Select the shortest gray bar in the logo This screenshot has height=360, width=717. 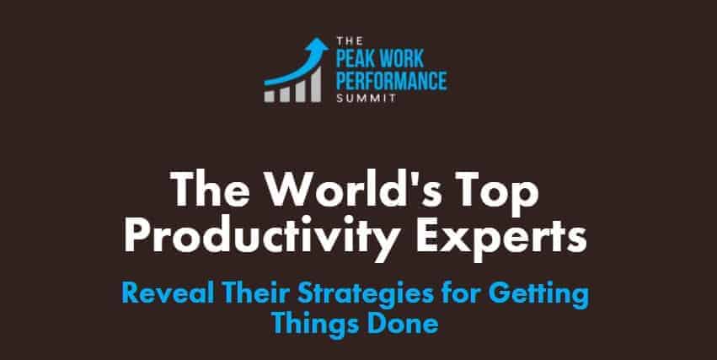(270, 97)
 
